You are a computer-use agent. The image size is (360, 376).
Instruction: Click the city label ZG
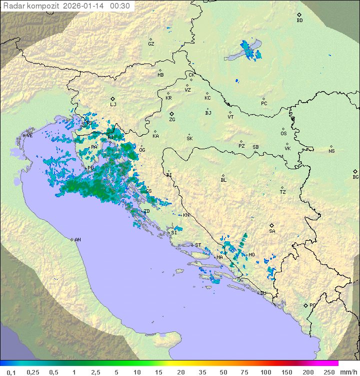click(x=172, y=120)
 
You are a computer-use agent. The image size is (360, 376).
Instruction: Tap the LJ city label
click(x=113, y=105)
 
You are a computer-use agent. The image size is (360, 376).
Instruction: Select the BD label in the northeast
click(x=299, y=21)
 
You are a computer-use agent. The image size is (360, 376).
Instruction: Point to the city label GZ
click(x=151, y=44)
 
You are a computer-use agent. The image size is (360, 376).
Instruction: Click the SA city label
click(x=272, y=231)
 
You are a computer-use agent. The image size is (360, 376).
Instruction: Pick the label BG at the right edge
click(x=355, y=177)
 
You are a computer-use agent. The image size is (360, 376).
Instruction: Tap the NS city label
click(x=331, y=151)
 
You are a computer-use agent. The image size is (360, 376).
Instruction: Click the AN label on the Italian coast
click(x=77, y=240)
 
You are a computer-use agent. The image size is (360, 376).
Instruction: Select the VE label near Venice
click(x=29, y=136)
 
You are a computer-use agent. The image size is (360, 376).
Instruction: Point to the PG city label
click(x=312, y=305)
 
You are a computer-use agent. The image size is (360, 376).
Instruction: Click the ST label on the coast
click(x=198, y=245)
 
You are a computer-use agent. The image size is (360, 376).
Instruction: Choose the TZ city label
click(x=283, y=192)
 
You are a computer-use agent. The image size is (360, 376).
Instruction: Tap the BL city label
click(x=223, y=180)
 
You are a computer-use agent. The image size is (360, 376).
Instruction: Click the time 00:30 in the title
click(x=120, y=6)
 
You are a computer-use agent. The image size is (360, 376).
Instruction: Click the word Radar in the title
click(x=13, y=6)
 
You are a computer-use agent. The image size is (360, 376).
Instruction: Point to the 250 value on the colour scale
click(x=329, y=372)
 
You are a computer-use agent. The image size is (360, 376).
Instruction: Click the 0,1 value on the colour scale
click(x=11, y=372)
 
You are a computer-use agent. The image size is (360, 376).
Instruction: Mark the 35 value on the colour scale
click(x=202, y=372)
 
